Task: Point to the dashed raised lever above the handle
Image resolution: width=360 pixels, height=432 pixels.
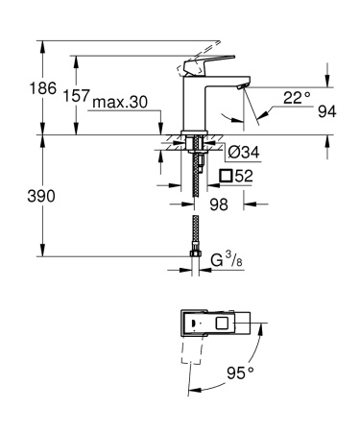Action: coord(203,48)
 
